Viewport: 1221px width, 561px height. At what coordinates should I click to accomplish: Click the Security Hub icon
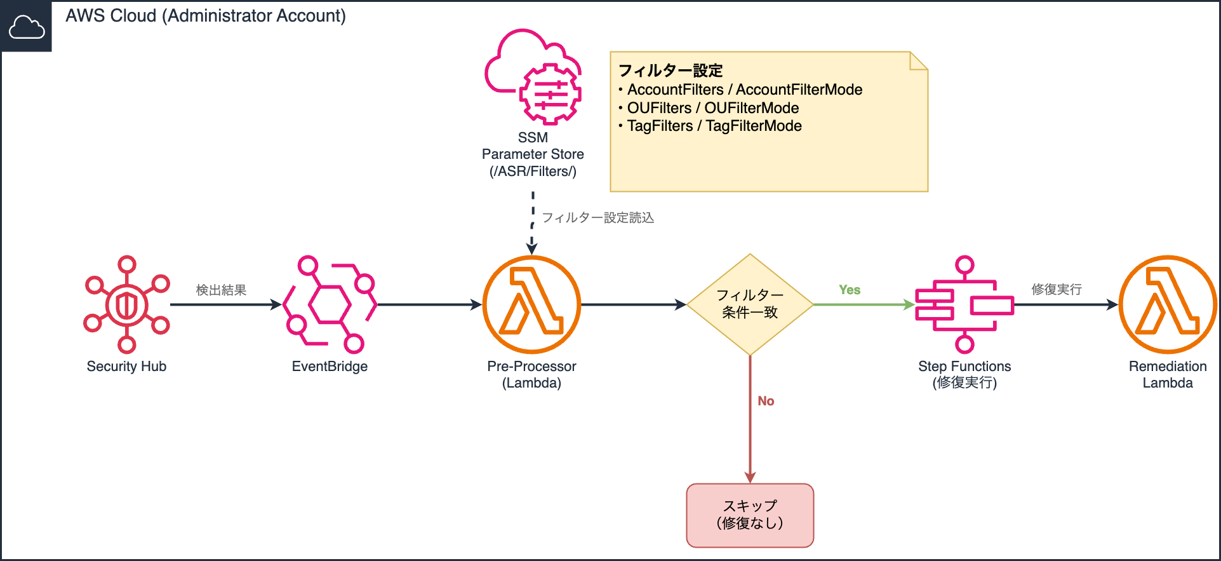pyautogui.click(x=127, y=304)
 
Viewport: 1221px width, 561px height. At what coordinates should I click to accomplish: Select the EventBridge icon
pyautogui.click(x=330, y=304)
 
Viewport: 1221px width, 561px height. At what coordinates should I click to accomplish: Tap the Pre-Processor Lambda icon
pyautogui.click(x=532, y=304)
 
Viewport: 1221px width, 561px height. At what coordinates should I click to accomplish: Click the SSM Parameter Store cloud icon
pyautogui.click(x=533, y=76)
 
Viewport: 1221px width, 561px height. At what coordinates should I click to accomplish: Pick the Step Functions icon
pyautogui.click(x=964, y=304)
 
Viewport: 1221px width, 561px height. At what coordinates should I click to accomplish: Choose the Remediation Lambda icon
pyautogui.click(x=1168, y=304)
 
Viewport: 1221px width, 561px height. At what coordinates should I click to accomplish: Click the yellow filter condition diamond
pyautogui.click(x=750, y=304)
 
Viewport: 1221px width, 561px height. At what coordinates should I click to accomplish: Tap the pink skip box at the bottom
pyautogui.click(x=750, y=515)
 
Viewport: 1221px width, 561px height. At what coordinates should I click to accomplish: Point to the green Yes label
pyautogui.click(x=850, y=290)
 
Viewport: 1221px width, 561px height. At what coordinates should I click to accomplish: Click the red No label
pyautogui.click(x=766, y=401)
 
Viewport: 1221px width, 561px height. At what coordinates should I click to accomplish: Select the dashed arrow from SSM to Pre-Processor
pyautogui.click(x=533, y=222)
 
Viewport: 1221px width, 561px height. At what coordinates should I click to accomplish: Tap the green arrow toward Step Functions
pyautogui.click(x=864, y=305)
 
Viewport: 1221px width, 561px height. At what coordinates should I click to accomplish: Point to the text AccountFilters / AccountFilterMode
pyautogui.click(x=744, y=90)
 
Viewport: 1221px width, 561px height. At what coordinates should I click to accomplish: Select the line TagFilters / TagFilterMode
pyautogui.click(x=714, y=126)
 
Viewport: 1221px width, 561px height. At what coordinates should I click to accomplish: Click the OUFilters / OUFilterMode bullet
pyautogui.click(x=712, y=108)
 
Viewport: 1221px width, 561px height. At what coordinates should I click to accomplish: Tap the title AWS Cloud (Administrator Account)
pyautogui.click(x=206, y=16)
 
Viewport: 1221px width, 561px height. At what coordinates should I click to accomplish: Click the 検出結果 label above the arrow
pyautogui.click(x=221, y=290)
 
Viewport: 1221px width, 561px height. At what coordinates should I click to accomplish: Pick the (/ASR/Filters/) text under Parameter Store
pyautogui.click(x=533, y=172)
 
